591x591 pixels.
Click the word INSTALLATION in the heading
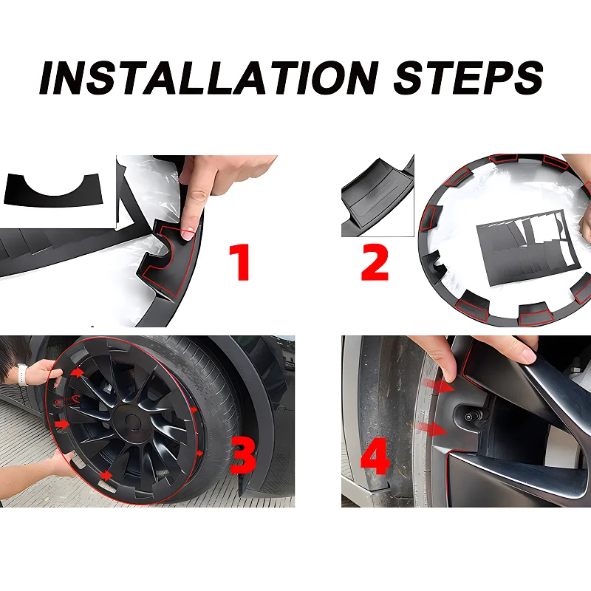pyautogui.click(x=209, y=78)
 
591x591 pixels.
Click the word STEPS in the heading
pyautogui.click(x=468, y=78)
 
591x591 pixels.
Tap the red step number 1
pyautogui.click(x=239, y=262)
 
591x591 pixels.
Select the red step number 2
pyautogui.click(x=375, y=262)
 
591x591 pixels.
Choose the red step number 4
pyautogui.click(x=375, y=456)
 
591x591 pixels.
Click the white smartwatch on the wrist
pyautogui.click(x=23, y=374)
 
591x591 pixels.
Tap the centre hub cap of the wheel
pyautogui.click(x=131, y=423)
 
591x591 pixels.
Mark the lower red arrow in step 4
pyautogui.click(x=430, y=428)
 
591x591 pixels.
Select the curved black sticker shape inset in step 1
pyautogui.click(x=53, y=189)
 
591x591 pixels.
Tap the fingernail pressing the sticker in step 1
pyautogui.click(x=188, y=233)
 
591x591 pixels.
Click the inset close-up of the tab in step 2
pyautogui.click(x=378, y=196)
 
